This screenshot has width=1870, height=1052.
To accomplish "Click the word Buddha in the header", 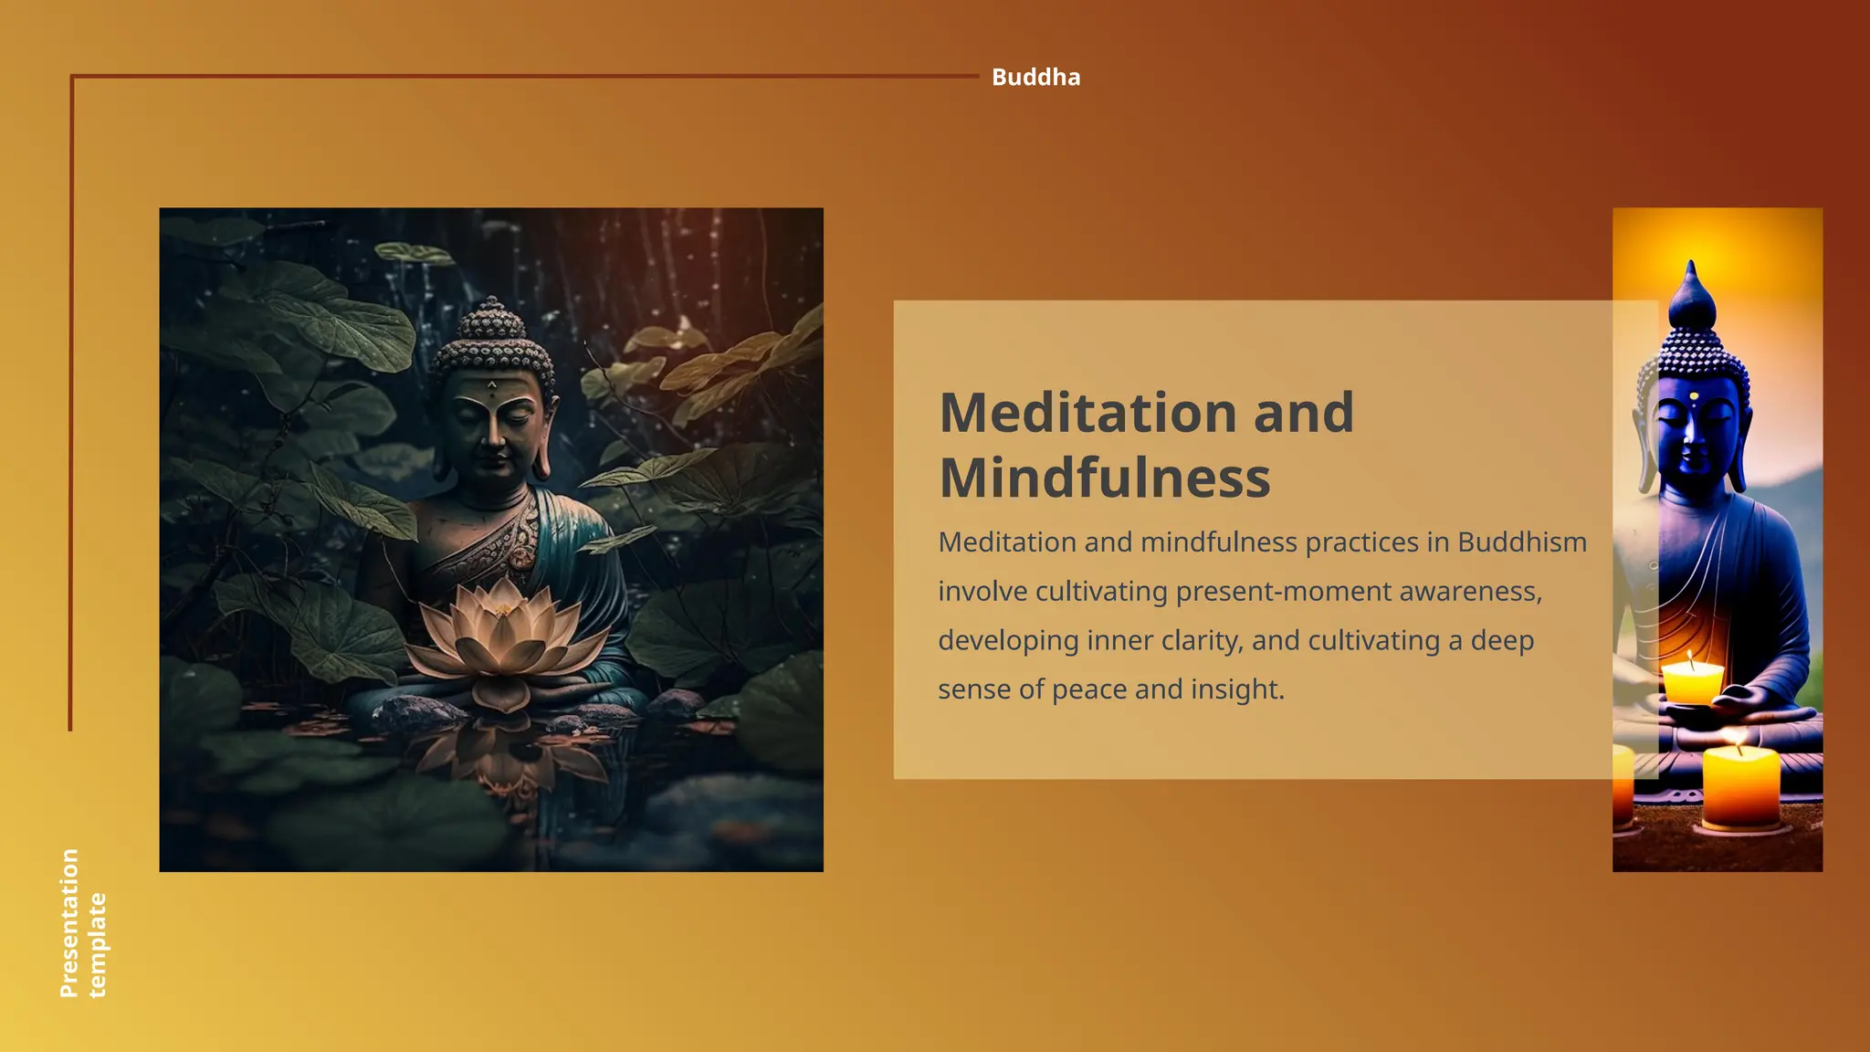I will click(1035, 78).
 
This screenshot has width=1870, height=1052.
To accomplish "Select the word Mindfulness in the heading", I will click(1104, 478).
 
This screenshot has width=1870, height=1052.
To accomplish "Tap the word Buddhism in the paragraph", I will click(1521, 542).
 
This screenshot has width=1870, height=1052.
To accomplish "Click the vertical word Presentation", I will click(69, 922).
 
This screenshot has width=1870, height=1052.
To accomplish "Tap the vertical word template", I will click(97, 945).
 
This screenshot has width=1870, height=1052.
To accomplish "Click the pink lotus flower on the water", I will click(505, 639).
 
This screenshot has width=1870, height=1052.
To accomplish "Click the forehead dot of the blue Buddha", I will click(1694, 396).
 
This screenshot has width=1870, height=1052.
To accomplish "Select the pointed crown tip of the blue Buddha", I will click(1691, 274).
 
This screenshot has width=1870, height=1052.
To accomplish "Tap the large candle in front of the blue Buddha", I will click(1740, 785).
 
